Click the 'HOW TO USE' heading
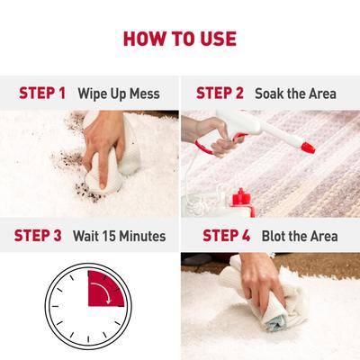pyautogui.click(x=180, y=39)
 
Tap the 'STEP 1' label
pyautogui.click(x=42, y=94)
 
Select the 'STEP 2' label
pyautogui.click(x=220, y=93)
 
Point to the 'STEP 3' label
pyautogui.click(x=38, y=236)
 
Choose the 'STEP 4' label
pyautogui.click(x=227, y=236)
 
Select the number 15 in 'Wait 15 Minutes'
pyautogui.click(x=109, y=236)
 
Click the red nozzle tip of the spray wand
pyautogui.click(x=308, y=148)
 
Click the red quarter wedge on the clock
pyautogui.click(x=106, y=289)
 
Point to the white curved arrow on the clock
pyautogui.click(x=103, y=290)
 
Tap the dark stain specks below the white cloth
pyautogui.click(x=87, y=193)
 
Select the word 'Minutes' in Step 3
pyautogui.click(x=142, y=236)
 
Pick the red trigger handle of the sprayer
pyautogui.click(x=210, y=145)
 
